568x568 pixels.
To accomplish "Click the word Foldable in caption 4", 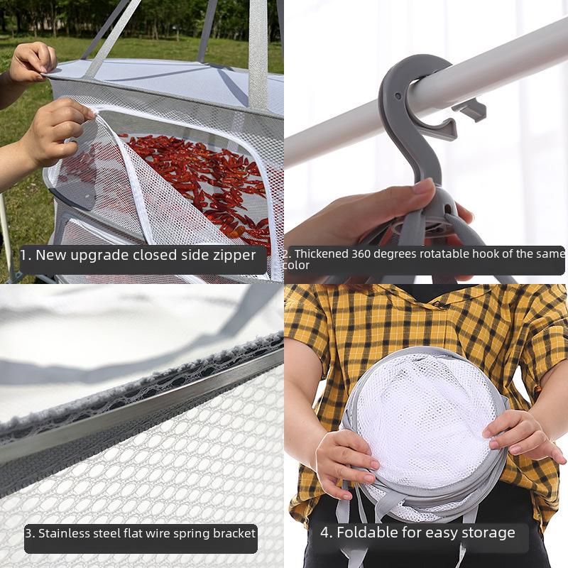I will [364, 532].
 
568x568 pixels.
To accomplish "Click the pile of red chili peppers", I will [206, 177].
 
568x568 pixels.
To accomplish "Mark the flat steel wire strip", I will [142, 412].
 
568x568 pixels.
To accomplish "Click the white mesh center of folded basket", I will [419, 419].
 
